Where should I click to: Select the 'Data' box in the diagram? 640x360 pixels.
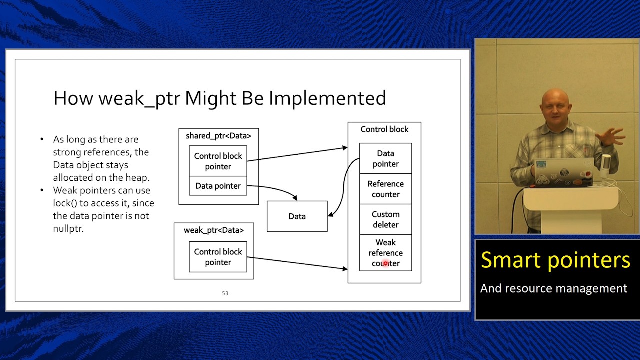coord(297,216)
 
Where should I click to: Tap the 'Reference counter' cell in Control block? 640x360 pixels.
coord(385,189)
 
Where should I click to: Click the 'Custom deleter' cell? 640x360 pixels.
coord(385,219)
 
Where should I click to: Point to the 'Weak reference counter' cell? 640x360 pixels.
coord(385,253)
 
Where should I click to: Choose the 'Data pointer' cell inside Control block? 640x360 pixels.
coord(385,158)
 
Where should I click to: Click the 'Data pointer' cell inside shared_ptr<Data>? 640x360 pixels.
coord(218,186)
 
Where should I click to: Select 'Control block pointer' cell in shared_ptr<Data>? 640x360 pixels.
coord(218,161)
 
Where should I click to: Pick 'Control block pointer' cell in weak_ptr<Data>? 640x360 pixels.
coord(218,257)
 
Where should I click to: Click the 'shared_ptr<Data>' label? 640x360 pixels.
coord(218,136)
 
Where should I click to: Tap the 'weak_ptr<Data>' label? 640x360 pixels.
coord(214,230)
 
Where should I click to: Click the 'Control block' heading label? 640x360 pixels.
coord(384,129)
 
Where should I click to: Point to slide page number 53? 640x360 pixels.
coord(225,293)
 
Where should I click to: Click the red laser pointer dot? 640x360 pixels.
coord(385,263)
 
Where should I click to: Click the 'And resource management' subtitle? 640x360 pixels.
coord(553,288)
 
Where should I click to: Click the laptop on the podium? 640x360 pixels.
coord(563,171)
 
